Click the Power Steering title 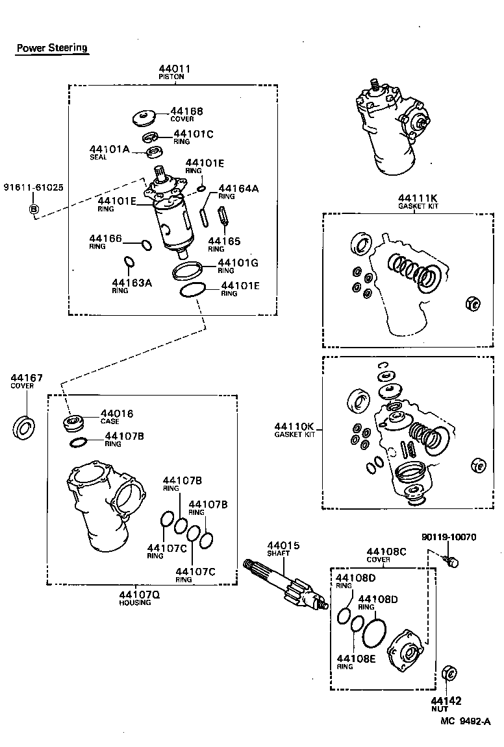point(52,48)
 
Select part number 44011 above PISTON point(172,69)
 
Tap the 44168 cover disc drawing point(143,119)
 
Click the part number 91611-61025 point(34,187)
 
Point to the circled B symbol point(34,209)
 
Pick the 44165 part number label point(224,241)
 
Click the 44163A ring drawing point(129,262)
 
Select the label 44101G point(240,263)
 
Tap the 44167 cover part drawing point(25,427)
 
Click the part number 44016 point(117,413)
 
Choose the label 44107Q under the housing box point(134,595)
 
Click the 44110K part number point(294,426)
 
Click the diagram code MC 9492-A point(465,720)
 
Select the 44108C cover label point(387,551)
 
